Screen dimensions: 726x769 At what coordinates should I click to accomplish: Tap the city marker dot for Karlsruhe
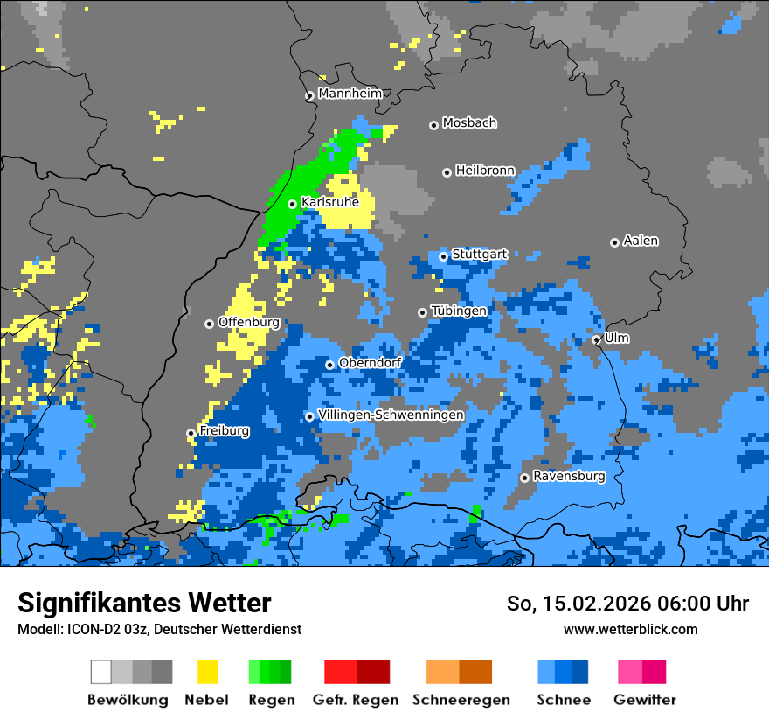(293, 204)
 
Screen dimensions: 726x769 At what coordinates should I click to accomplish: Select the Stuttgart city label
(479, 255)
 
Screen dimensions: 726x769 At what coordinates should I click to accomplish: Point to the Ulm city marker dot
(597, 339)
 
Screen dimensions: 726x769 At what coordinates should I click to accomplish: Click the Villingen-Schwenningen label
(391, 415)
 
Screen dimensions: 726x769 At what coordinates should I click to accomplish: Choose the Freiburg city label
(224, 431)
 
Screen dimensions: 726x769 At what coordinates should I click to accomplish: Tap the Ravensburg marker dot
(524, 478)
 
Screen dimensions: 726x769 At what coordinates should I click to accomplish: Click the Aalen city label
(641, 241)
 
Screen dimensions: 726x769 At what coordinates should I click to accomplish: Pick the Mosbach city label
(469, 123)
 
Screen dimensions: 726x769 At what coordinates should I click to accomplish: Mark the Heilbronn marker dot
(447, 172)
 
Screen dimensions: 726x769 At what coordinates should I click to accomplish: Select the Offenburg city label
(248, 322)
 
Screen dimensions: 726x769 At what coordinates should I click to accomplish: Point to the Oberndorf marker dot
(329, 365)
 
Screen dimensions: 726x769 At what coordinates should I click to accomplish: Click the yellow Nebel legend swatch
(207, 672)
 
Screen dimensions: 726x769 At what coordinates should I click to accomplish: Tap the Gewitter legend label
(645, 700)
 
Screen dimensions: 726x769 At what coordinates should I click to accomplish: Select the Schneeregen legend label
(461, 700)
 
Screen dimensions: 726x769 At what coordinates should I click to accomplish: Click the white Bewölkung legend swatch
(101, 672)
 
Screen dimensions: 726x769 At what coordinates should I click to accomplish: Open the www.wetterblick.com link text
(630, 629)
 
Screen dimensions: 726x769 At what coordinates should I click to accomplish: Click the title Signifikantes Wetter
(144, 603)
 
